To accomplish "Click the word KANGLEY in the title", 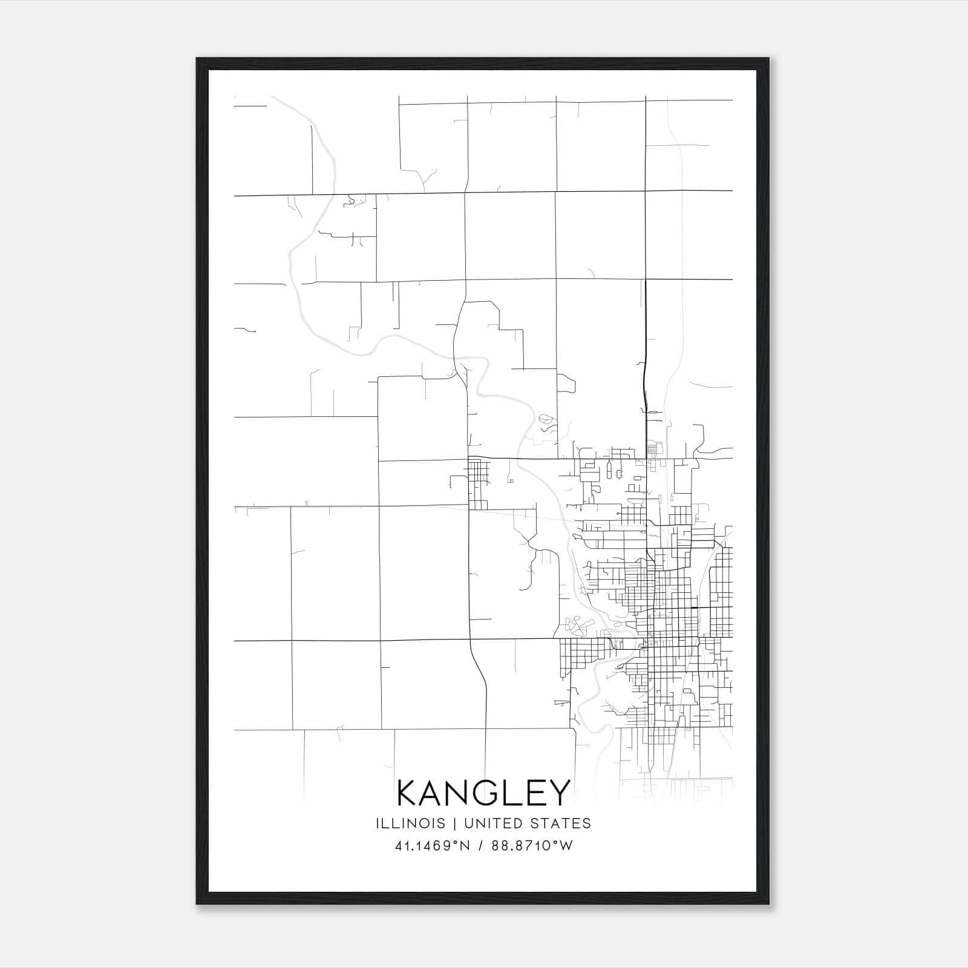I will point(483,793).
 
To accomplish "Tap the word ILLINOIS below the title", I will point(410,823).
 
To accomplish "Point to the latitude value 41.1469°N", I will point(432,846).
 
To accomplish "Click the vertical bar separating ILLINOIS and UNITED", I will point(451,823).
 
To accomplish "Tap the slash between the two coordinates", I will point(480,846).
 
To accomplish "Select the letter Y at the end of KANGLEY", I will point(558,793).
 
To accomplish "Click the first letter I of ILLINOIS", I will point(378,823).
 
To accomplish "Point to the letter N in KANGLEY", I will point(460,793).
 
